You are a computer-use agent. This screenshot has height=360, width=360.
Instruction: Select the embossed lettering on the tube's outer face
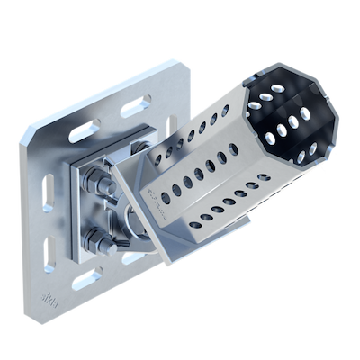(x=159, y=203)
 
